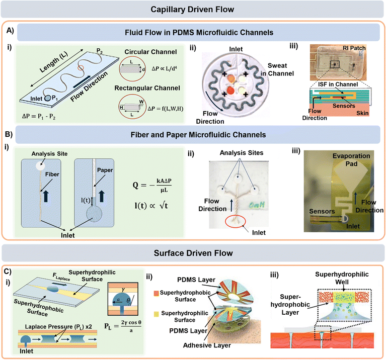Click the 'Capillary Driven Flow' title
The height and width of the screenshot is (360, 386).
tap(193, 9)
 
